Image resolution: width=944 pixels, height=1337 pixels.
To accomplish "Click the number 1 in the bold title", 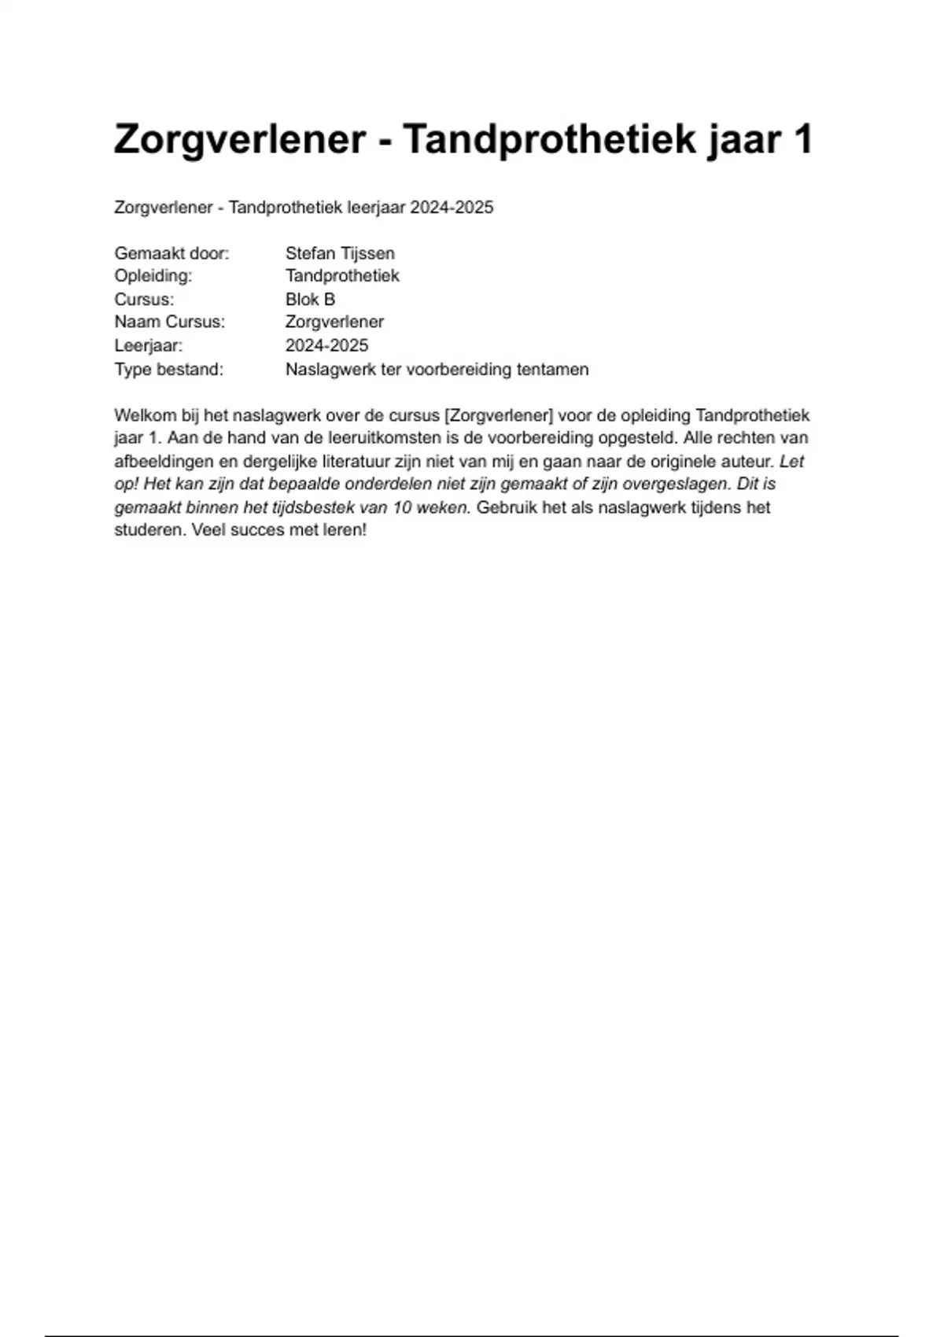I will tap(802, 140).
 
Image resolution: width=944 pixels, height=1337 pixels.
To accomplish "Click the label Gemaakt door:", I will tap(171, 253).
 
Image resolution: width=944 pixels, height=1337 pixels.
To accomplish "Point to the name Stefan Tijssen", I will tap(340, 253).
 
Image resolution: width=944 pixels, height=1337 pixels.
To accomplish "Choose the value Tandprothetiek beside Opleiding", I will tap(342, 276).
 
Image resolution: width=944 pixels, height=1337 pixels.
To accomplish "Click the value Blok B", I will tap(310, 300).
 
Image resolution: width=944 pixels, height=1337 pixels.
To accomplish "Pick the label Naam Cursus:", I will tap(169, 322).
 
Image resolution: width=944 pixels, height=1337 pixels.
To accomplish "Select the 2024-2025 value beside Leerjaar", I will tap(326, 345).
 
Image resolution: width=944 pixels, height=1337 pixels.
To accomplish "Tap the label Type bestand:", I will tap(168, 369).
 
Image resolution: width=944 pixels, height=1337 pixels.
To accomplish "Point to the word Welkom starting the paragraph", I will tap(145, 415).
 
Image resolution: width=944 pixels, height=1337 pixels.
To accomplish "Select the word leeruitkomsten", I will tap(374, 438).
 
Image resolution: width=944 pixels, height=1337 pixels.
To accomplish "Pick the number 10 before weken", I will tap(403, 507).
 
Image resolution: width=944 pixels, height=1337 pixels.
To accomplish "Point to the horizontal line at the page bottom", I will tap(472, 1335).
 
